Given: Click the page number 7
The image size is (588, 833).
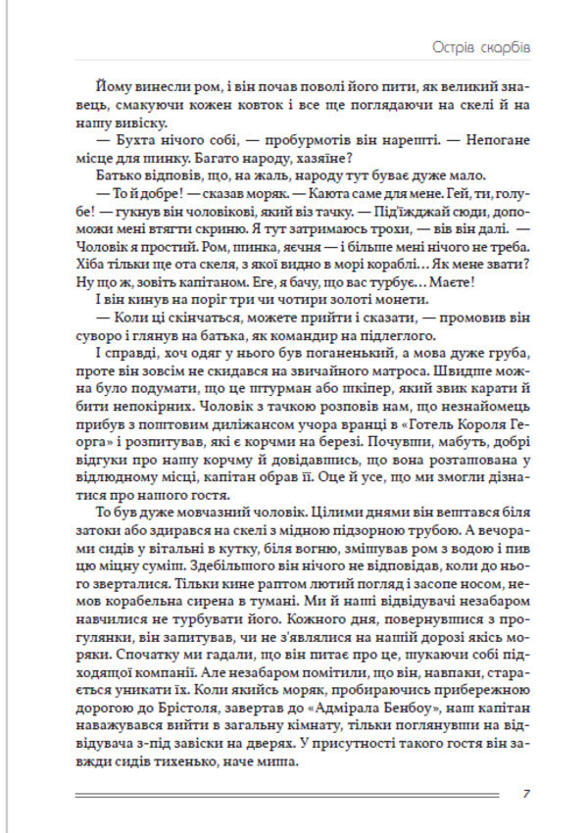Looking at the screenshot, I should (x=526, y=794).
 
